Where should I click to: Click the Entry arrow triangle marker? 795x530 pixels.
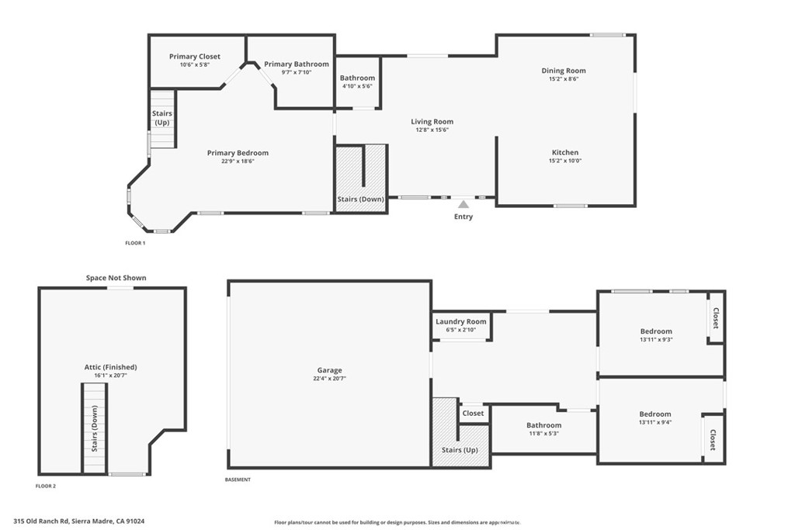coord(463,204)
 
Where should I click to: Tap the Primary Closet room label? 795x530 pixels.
coord(195,57)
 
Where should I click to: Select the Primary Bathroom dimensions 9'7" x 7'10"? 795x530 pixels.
coord(296,73)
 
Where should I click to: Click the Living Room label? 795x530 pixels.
coord(432,122)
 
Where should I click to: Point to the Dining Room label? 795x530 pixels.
coord(564,71)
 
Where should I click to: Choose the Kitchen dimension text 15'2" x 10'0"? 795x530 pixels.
coord(564,161)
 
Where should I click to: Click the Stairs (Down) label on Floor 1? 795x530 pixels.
coord(361,199)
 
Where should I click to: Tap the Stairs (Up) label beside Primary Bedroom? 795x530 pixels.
coord(162,118)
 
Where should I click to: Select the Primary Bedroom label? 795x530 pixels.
coord(238,153)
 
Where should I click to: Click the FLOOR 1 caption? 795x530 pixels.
coord(135,243)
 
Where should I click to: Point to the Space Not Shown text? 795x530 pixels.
coord(116,278)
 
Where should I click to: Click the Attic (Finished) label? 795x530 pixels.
coord(110,367)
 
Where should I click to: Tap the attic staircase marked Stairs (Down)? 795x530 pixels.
coord(95,427)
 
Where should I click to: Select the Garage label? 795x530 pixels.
coord(329,370)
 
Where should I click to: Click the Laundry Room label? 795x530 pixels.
coord(461,321)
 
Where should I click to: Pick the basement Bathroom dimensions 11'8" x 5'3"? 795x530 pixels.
coord(543,434)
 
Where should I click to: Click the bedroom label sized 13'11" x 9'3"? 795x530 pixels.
coord(655,331)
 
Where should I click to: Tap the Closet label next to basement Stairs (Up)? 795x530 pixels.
coord(473,413)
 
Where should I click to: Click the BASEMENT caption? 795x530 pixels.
coord(238,480)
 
